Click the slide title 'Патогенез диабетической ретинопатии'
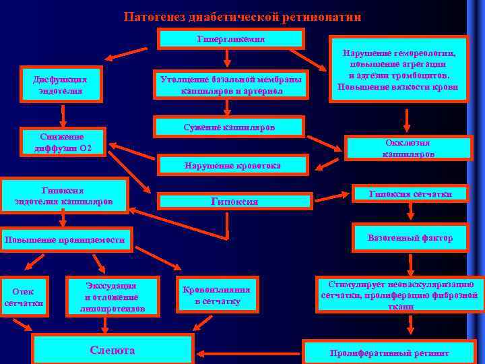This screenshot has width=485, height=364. [x=242, y=16]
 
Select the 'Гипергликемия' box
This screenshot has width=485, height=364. [x=230, y=39]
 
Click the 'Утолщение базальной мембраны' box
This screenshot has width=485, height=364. [x=231, y=84]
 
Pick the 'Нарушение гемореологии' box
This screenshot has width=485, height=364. [x=398, y=69]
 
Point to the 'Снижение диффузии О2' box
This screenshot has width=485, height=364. [x=63, y=142]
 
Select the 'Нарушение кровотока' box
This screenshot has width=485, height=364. [x=232, y=165]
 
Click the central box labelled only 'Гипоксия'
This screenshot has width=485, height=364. [x=234, y=201]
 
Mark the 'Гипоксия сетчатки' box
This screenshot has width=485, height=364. [x=410, y=193]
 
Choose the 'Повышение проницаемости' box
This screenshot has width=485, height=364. [x=65, y=240]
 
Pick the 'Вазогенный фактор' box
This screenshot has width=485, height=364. [x=410, y=238]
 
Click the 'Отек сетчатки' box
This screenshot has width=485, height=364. [x=24, y=297]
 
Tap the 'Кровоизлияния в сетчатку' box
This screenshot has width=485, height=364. [x=217, y=295]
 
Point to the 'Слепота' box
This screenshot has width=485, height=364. [x=112, y=350]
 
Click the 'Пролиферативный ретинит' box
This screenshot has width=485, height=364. [x=389, y=352]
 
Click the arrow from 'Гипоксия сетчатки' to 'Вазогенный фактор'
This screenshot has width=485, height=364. [x=410, y=212]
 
